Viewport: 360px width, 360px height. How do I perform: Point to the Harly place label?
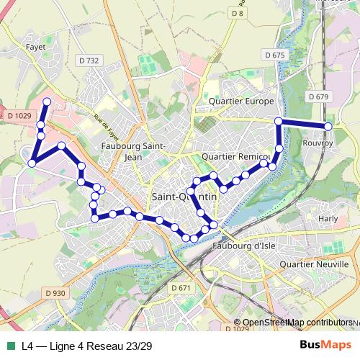(x=328, y=217)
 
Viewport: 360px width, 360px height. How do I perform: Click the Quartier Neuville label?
(x=312, y=264)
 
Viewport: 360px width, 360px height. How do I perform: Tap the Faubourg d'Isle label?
(x=245, y=248)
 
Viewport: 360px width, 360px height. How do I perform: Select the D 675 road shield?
(x=274, y=55)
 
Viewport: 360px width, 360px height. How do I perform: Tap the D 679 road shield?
(x=318, y=96)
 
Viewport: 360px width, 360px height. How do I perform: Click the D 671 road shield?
(x=181, y=287)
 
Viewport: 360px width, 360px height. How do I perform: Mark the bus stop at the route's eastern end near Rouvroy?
(x=328, y=126)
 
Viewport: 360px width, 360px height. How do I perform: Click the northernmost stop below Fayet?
(x=48, y=102)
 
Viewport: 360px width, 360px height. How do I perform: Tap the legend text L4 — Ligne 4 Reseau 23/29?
(x=86, y=346)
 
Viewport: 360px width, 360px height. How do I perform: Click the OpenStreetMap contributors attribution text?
(x=297, y=323)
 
